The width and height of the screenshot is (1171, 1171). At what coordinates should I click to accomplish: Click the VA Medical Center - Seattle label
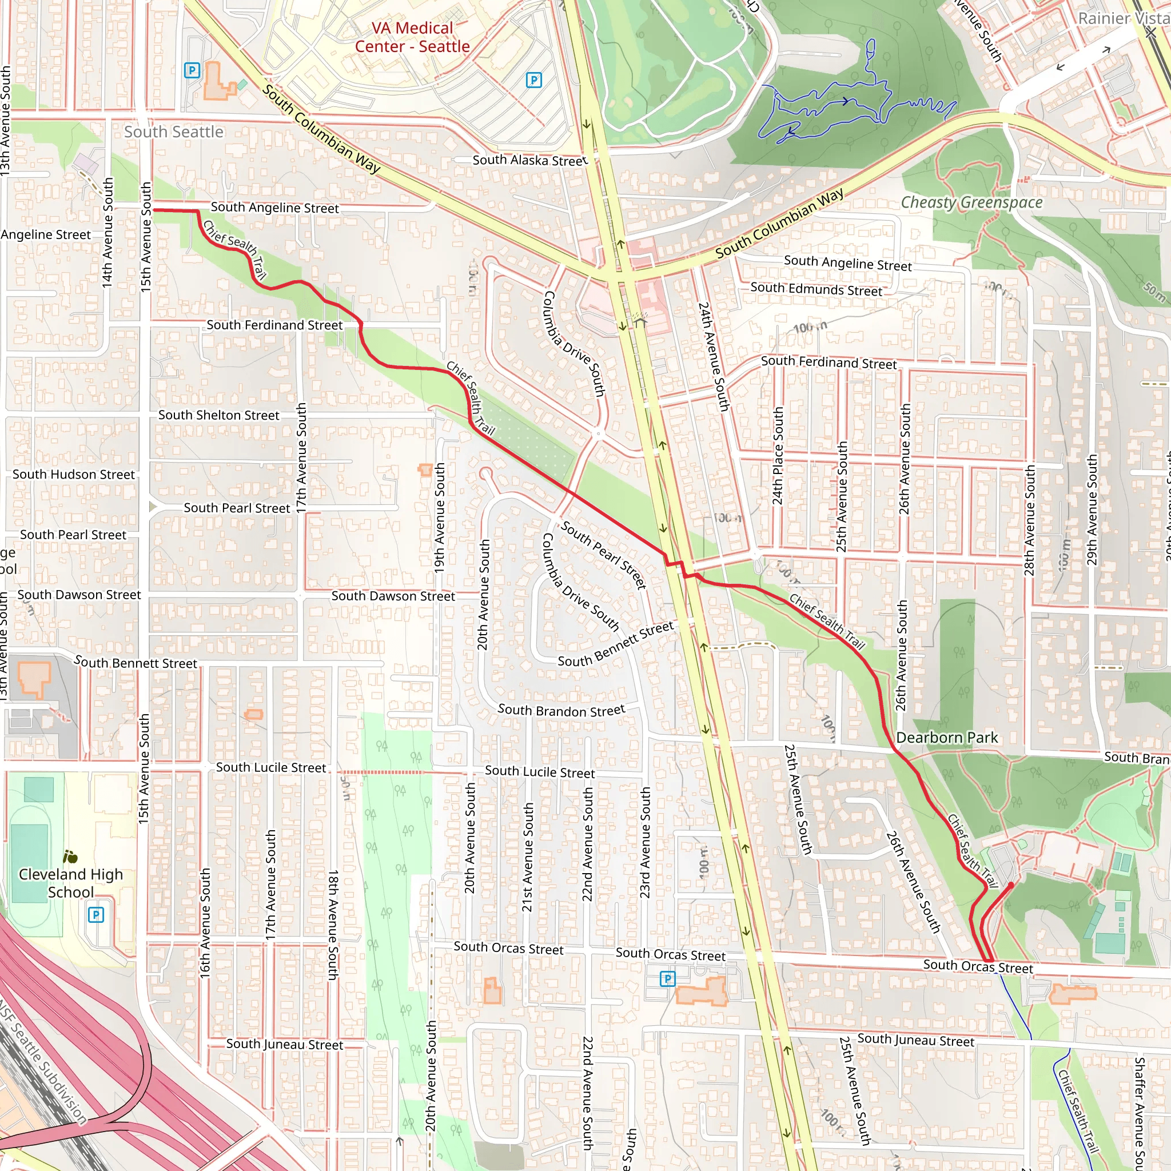(x=412, y=37)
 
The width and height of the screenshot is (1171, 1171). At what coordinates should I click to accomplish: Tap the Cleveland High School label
(x=70, y=882)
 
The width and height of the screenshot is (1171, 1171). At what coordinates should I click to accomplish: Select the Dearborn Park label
(x=947, y=738)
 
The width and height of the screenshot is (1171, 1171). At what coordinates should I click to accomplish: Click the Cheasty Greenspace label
(x=971, y=202)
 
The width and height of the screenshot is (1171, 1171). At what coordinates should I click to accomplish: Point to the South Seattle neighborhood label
(x=173, y=132)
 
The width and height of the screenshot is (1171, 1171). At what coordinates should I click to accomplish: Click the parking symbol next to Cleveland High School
(x=95, y=915)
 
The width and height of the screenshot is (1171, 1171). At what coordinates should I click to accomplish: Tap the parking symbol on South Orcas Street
(x=667, y=978)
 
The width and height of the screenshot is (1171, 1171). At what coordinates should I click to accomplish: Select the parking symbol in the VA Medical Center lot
(x=533, y=80)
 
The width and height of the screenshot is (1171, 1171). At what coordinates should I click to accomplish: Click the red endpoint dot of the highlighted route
(x=1010, y=886)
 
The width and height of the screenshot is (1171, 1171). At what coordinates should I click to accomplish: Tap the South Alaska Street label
(x=529, y=160)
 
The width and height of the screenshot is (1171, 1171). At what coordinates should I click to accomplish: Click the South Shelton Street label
(x=219, y=415)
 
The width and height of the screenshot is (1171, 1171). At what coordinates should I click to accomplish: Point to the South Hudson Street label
(x=73, y=475)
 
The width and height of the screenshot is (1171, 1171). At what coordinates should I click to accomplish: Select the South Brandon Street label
(x=561, y=710)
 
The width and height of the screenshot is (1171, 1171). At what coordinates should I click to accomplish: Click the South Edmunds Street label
(x=816, y=289)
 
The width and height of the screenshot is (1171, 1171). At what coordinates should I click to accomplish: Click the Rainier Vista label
(x=1122, y=18)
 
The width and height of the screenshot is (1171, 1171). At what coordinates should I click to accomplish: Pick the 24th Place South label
(x=778, y=455)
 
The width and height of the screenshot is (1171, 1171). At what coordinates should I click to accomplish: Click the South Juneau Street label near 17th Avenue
(x=284, y=1043)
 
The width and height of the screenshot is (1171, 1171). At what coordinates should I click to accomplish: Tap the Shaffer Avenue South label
(x=1140, y=1112)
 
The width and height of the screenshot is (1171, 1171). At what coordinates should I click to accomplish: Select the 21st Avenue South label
(x=528, y=857)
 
